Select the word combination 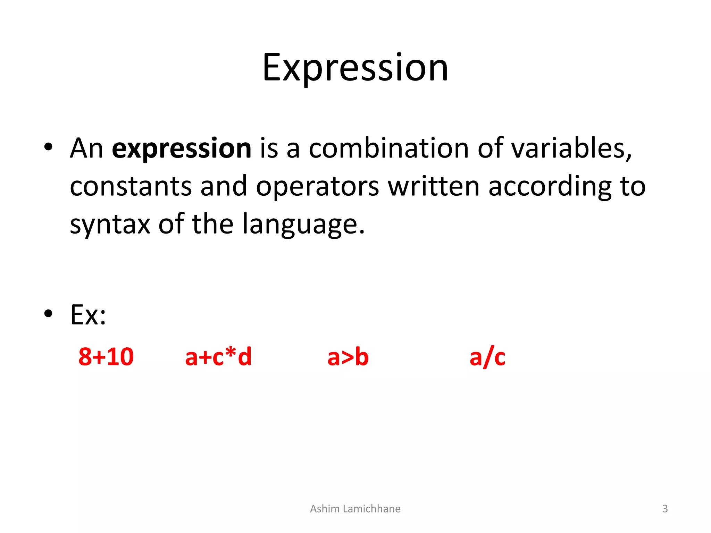point(389,149)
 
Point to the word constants point(131,187)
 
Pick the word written point(434,187)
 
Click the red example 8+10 point(106,357)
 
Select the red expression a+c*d point(218,357)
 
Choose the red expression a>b point(348,357)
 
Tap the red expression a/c point(487,357)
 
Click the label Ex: point(88,315)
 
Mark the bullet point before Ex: point(48,314)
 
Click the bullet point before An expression point(48,147)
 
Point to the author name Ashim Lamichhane point(355,509)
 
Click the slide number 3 point(665,509)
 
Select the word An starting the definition point(86,149)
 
